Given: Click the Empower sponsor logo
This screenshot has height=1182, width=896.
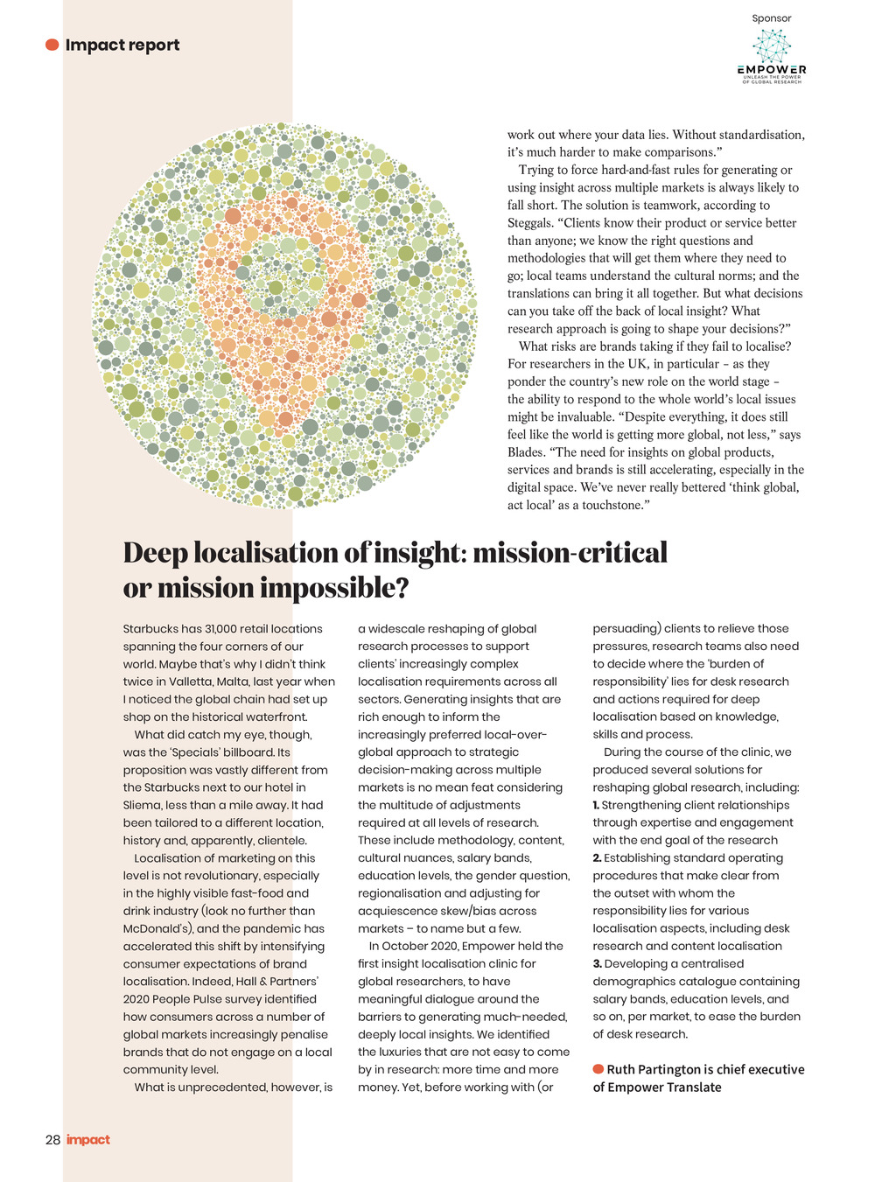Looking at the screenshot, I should (771, 55).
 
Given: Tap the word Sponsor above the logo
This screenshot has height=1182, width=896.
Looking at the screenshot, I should (771, 18).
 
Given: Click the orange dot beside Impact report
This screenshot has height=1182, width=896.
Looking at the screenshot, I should (52, 45).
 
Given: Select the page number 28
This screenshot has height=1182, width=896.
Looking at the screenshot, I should (52, 1140).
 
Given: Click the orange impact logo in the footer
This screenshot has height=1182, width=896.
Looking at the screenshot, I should (88, 1140).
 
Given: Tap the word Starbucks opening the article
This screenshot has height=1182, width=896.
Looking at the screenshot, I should (150, 629).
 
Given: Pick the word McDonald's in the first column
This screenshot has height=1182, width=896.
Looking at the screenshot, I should (156, 928).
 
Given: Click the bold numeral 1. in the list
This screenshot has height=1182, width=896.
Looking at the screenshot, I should (596, 805).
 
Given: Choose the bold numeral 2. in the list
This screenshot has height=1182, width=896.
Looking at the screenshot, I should (597, 858).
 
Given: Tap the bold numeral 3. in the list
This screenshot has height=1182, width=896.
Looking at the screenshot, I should (597, 963).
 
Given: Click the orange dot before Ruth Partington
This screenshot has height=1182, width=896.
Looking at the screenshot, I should (598, 1069).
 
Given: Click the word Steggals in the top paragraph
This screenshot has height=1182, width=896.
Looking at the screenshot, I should (531, 223).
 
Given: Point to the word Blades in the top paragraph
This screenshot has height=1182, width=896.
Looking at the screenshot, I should (527, 452).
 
